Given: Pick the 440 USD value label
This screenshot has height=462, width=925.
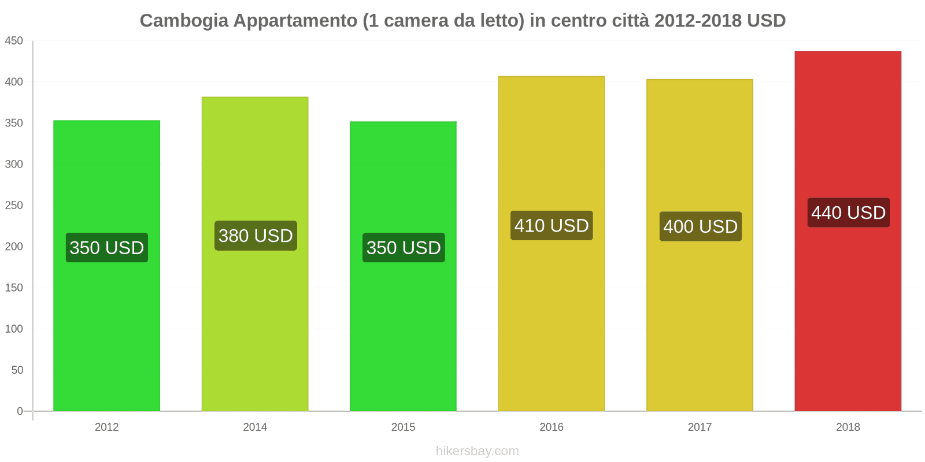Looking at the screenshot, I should pos(848,213).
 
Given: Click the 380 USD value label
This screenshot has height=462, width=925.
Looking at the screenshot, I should pos(256,236).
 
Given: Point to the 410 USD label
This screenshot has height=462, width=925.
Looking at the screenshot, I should pos(552,225).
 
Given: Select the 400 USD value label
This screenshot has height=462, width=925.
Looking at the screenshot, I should pos(700,226).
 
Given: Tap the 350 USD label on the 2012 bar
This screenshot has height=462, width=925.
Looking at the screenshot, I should pos(107,248).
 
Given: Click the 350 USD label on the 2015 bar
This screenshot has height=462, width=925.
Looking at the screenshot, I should pos(404,248).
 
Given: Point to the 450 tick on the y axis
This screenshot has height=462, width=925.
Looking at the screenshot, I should pos(14,41).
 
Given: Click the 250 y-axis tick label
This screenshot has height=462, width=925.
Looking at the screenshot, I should pos(14,206).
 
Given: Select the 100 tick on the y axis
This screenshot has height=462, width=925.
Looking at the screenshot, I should pos(14,329).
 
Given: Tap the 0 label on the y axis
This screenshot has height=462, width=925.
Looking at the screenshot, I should pos(20,411).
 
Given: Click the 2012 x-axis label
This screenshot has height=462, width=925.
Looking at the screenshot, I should pos(106,427).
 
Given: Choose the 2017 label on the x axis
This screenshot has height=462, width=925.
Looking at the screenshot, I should pos(700,427).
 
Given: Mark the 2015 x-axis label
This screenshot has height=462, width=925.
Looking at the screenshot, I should pos(403,427).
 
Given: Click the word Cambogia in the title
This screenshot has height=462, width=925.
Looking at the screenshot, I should pos(184,21).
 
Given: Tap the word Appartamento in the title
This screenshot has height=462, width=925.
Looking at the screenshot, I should pos(295,21).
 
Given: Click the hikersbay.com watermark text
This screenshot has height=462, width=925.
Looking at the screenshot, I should pos(477,451).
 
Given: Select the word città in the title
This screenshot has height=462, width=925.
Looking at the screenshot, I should pos(629,21).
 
